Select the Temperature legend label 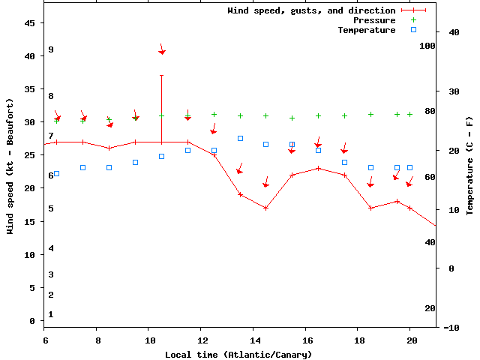(366, 30)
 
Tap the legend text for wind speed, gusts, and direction (311, 10)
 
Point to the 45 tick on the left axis (30, 23)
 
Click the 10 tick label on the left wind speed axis (30, 255)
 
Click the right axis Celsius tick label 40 (453, 32)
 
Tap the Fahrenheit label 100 (427, 46)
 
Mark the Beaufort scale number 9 (51, 49)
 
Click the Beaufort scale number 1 (51, 314)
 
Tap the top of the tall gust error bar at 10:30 (161, 75)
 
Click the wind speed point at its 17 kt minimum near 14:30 (266, 208)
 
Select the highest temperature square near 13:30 (240, 138)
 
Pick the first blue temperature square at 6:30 (57, 173)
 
